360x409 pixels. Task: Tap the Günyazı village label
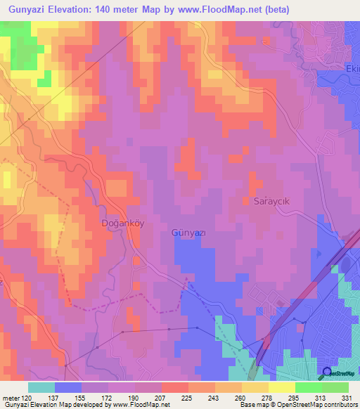pyautogui.click(x=189, y=232)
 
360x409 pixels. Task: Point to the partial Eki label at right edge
pyautogui.click(x=352, y=69)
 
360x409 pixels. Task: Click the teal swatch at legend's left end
pyautogui.click(x=41, y=387)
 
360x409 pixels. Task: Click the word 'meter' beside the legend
pyautogui.click(x=11, y=398)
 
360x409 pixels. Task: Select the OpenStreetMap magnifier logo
pyautogui.click(x=327, y=372)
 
